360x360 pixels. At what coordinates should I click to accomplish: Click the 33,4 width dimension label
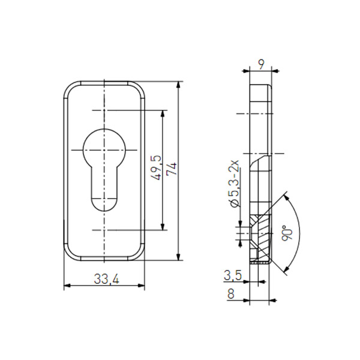tap(107, 279)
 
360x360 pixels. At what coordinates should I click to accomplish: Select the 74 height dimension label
tap(172, 169)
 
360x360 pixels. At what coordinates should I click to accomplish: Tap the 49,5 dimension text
tap(157, 168)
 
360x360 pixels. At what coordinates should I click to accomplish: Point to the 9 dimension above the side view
tap(261, 65)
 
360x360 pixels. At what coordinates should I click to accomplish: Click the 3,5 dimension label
tap(233, 275)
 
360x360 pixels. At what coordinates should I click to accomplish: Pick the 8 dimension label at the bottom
tap(231, 293)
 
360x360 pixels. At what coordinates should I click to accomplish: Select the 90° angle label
tap(287, 233)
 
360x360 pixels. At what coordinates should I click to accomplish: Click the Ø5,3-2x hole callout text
tap(235, 184)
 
